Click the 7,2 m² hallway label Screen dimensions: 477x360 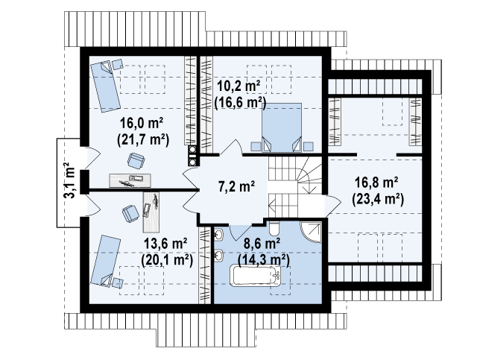pos(237,186)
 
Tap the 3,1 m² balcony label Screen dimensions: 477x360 pos(70,181)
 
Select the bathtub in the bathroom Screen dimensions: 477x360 pos(255,276)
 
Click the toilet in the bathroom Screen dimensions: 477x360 pos(274,228)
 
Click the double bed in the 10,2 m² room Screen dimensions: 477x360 pos(282,127)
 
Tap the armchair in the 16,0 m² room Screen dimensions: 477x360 pos(136,160)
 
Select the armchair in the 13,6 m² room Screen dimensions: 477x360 pos(131,214)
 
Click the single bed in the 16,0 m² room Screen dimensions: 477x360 pos(105,86)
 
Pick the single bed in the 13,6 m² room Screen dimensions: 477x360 pos(105,261)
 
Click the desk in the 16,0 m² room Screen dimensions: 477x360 pos(130,180)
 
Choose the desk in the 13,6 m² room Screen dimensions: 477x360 pos(151,212)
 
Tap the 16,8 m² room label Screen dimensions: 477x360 pos(376,183)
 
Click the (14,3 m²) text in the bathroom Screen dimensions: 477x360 pos(263,260)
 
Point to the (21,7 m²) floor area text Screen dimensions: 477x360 pos(143,140)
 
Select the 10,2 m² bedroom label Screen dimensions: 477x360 pos(238,86)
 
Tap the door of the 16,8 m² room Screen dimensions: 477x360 pos(333,206)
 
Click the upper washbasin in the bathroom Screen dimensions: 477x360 pos(219,234)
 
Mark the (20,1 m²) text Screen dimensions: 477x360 pos(167,260)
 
